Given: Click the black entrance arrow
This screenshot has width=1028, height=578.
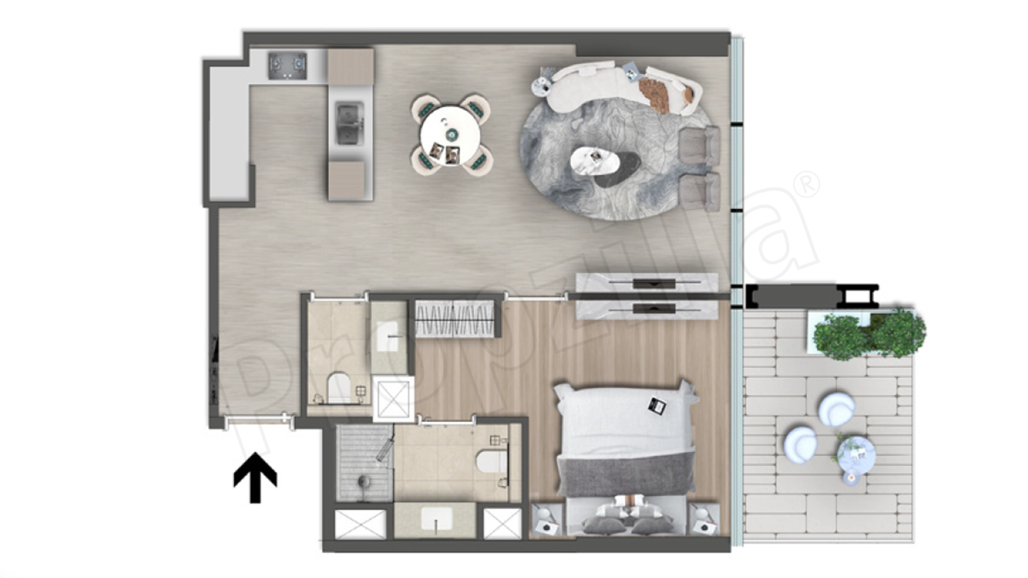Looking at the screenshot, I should (255, 477).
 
